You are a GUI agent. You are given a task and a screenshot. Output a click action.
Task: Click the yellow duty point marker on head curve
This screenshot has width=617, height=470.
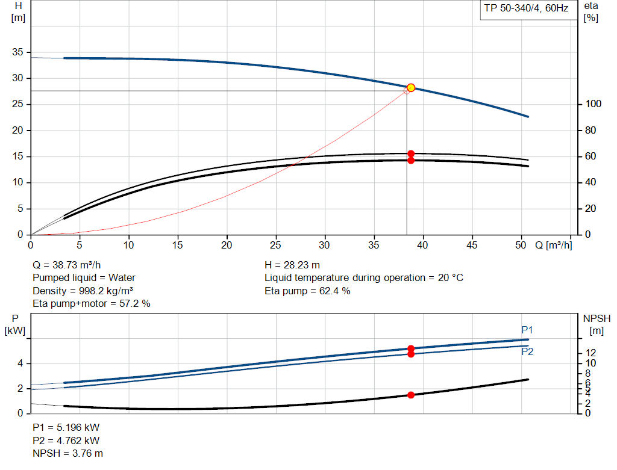pos(411,88)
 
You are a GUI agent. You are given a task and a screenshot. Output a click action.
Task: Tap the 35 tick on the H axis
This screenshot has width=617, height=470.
pos(17,52)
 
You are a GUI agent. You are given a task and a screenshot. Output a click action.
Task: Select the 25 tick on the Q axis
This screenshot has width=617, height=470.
pos(276,245)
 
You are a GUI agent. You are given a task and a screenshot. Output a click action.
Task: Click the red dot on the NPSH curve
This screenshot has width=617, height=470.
pos(411,395)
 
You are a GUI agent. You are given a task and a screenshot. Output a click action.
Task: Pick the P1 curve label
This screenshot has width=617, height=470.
pos(527,330)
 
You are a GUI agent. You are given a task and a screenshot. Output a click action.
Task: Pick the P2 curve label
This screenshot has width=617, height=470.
pos(527,351)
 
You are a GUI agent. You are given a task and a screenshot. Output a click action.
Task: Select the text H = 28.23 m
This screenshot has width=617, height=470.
pos(292,265)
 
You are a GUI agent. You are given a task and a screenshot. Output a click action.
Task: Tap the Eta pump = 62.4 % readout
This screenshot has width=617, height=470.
pos(307,291)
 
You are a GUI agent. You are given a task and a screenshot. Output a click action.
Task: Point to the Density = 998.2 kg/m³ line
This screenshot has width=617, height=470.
pos(83,291)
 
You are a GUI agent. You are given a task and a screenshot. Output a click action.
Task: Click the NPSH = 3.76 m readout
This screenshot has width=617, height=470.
pos(67,453)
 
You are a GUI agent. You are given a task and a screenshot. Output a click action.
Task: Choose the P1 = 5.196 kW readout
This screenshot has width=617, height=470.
pos(66,427)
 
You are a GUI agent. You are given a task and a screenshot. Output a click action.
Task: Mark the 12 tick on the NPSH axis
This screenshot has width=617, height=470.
pos(591,353)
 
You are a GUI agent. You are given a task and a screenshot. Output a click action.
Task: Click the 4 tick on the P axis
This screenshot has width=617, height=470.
pos(20,363)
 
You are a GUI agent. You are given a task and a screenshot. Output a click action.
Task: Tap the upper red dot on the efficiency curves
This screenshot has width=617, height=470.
pos(411,153)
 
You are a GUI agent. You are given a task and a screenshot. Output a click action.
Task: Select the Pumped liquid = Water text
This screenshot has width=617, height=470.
pos(84,277)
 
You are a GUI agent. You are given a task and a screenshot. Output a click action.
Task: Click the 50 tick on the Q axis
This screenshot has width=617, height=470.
pos(522,245)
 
